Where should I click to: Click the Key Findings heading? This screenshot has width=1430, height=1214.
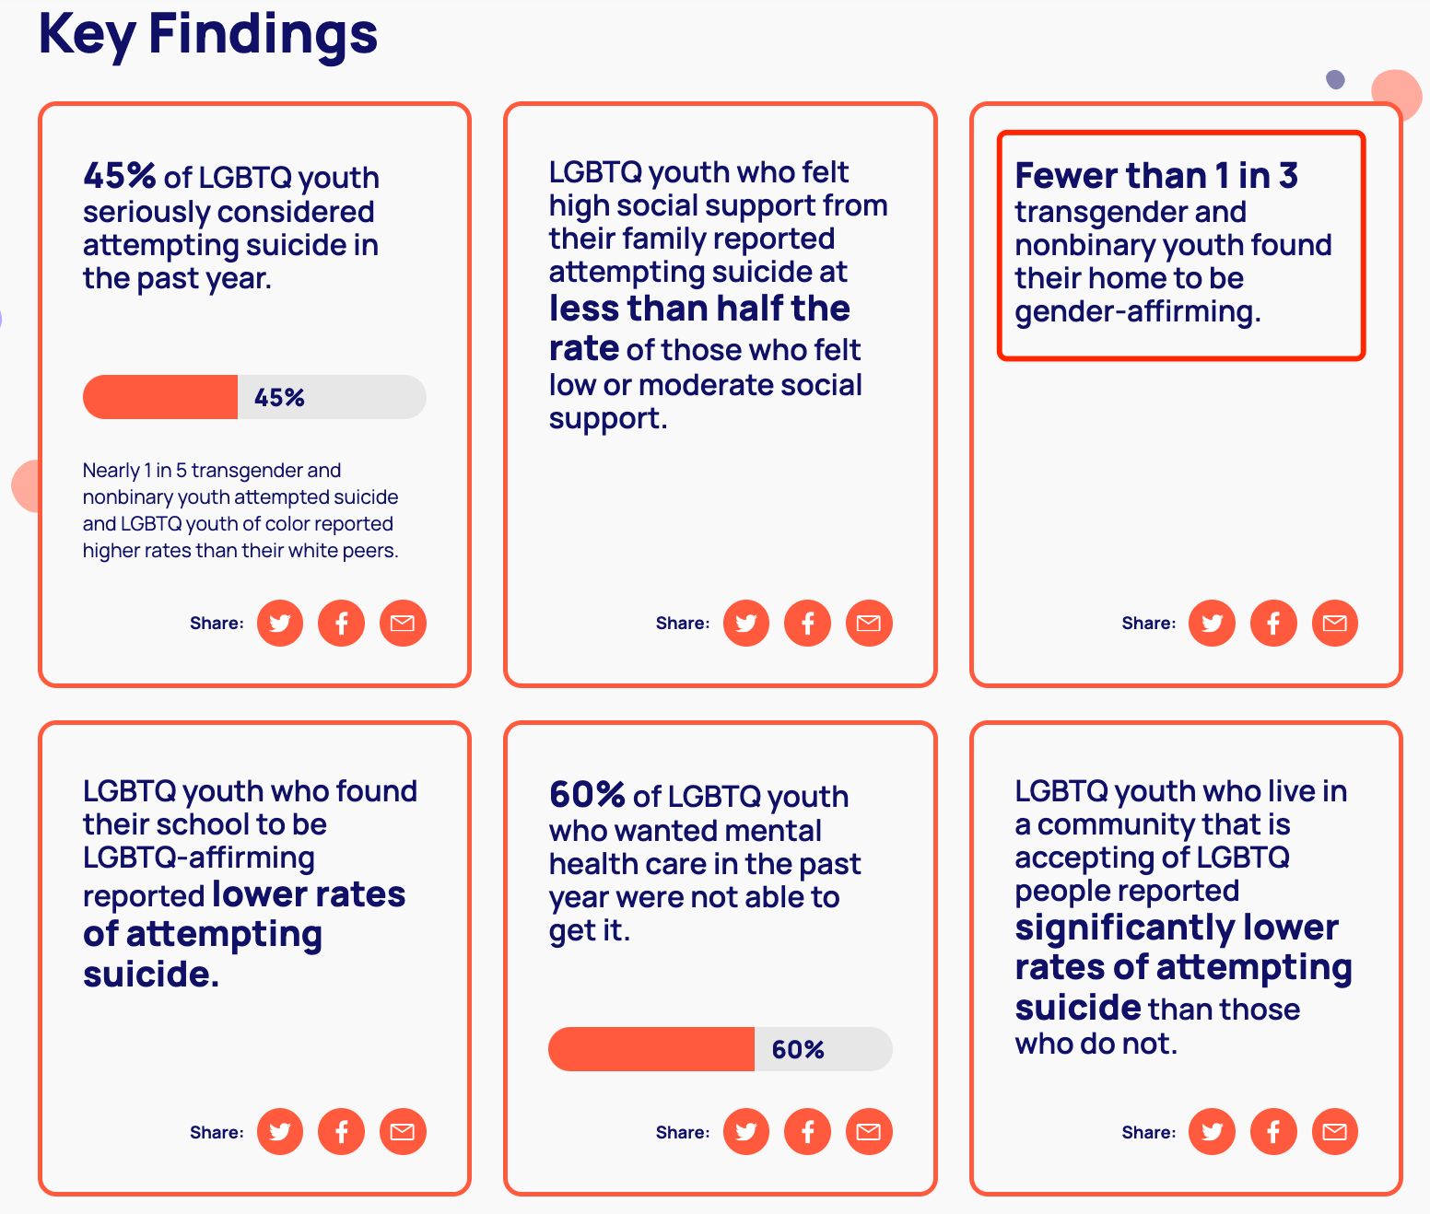tap(207, 34)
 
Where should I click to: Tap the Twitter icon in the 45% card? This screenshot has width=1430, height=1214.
tap(280, 624)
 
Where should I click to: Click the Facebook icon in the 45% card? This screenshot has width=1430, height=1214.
tap(341, 624)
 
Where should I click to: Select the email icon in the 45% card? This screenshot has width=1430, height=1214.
tap(403, 624)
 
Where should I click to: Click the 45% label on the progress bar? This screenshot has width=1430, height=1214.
tap(279, 398)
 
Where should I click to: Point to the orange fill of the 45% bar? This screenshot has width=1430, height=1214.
tap(160, 397)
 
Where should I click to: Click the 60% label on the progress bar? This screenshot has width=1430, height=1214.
tap(798, 1050)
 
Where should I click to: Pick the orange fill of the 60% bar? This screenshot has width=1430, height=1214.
tap(651, 1049)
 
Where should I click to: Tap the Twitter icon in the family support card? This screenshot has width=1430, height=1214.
tap(746, 624)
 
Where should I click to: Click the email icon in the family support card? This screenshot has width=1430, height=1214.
tap(869, 624)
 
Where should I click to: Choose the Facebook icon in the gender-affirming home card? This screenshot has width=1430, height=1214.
tap(1273, 624)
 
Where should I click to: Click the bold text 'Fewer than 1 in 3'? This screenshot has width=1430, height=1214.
tap(1156, 175)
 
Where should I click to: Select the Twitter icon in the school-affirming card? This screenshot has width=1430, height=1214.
tap(280, 1132)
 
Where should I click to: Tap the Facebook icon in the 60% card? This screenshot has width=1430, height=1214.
tap(807, 1132)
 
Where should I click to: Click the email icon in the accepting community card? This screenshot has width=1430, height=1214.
tap(1334, 1132)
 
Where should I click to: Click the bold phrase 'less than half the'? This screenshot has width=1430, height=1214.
tap(699, 309)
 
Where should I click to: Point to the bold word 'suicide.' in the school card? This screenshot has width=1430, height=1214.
tap(151, 975)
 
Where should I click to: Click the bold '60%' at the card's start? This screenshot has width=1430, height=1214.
tap(587, 794)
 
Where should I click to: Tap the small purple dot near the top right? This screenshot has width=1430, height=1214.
tap(1335, 80)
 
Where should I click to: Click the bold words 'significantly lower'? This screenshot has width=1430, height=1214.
tap(1177, 928)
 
